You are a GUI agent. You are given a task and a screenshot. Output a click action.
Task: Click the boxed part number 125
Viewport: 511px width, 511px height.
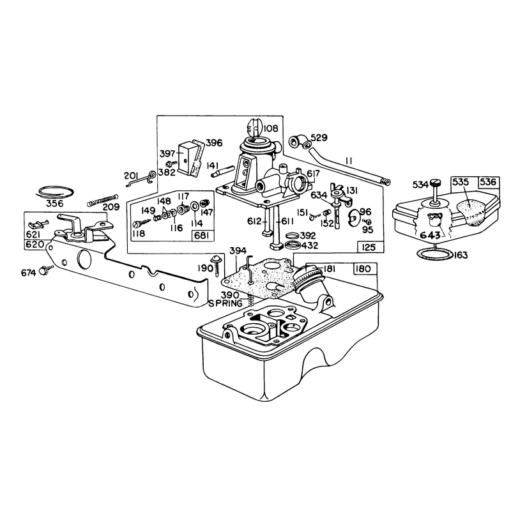click(370, 247)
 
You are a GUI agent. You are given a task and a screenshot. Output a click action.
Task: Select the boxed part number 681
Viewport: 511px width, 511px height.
click(202, 235)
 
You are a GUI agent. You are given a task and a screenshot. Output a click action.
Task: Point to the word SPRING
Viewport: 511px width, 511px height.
click(225, 303)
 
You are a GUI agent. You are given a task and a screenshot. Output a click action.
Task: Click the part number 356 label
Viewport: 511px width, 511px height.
click(55, 203)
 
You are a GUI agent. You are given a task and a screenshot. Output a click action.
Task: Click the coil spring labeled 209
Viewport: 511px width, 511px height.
click(102, 200)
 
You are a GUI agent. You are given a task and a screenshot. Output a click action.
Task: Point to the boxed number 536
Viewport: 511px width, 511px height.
click(487, 182)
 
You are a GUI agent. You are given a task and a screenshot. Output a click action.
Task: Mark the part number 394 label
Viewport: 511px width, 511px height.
click(238, 251)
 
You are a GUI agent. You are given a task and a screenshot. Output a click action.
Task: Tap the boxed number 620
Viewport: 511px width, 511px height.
click(34, 244)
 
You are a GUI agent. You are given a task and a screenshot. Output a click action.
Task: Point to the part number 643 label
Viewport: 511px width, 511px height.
click(430, 234)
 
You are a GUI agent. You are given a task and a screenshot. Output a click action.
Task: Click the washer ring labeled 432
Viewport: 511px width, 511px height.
click(293, 245)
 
